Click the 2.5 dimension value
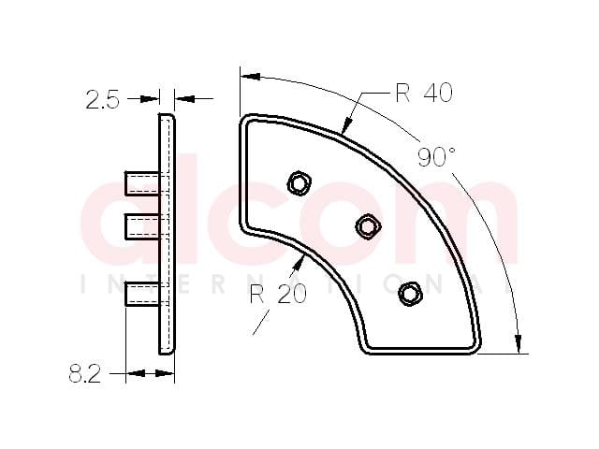coord(102,100)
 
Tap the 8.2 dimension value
coord(85,373)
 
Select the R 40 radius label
coord(424,93)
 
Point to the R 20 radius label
coord(279,294)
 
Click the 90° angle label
coord(437,156)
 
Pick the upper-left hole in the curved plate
coord(299,183)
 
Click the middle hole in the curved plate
coord(368,226)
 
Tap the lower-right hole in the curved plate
coord(410,294)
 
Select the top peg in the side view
coord(142,183)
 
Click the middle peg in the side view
coord(142,226)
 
